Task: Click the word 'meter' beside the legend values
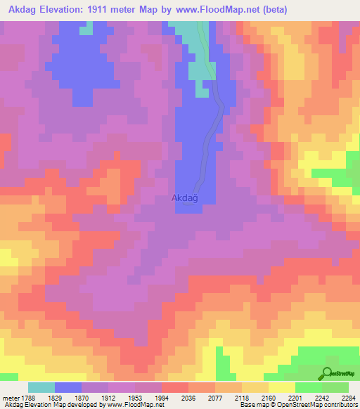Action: click(8, 396)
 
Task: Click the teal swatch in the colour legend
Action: click(41, 387)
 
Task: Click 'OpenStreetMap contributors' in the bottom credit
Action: click(324, 405)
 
